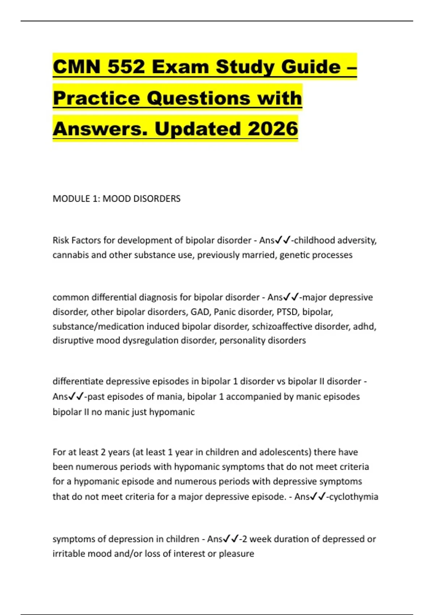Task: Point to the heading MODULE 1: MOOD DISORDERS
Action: [116, 199]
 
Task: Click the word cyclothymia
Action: [354, 496]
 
